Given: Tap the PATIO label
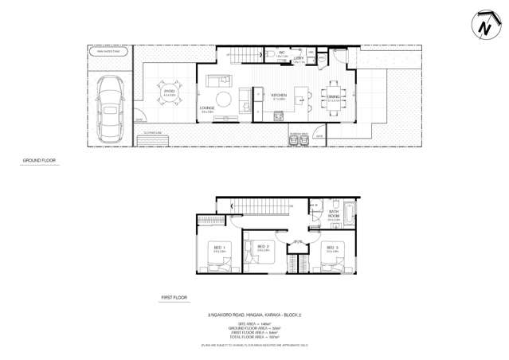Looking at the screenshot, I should point(169,92).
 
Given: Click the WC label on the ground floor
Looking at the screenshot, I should point(281,54).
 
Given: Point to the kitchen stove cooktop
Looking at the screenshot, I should point(279,117).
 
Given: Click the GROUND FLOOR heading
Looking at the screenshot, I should point(37,161).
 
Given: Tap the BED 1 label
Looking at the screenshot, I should point(219,247).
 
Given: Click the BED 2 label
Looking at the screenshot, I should point(262,248).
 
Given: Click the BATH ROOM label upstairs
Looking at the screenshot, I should point(334,214).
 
